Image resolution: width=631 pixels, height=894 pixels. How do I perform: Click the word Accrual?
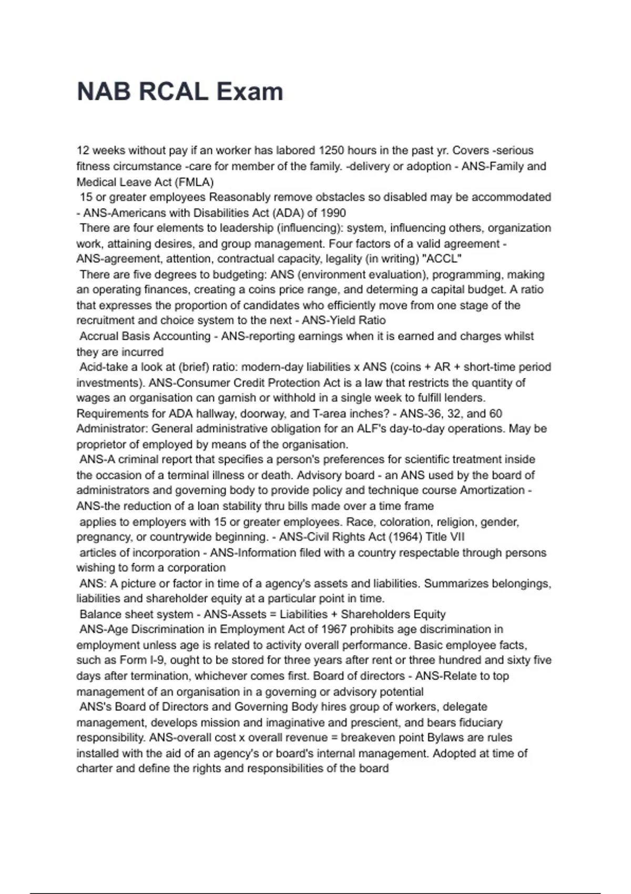click(x=100, y=336)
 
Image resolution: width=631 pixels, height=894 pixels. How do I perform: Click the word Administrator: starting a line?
click(x=112, y=429)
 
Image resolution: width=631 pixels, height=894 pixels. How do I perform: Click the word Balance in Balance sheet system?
click(x=99, y=614)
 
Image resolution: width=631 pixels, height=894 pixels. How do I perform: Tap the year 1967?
click(x=334, y=629)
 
